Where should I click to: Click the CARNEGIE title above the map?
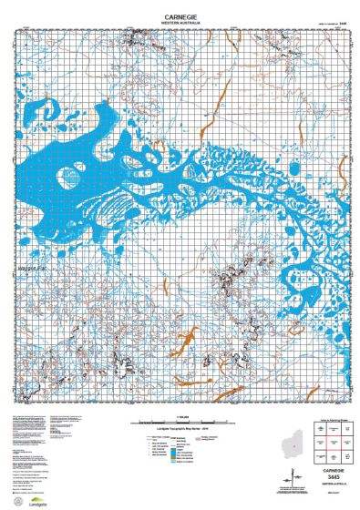(180, 15)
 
